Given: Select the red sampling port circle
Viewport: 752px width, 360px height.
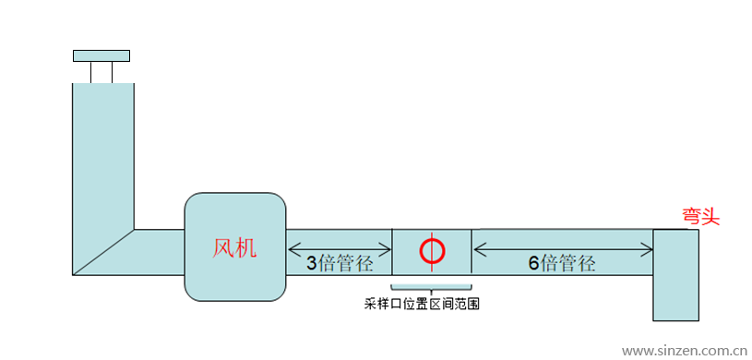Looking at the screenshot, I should pyautogui.click(x=432, y=249).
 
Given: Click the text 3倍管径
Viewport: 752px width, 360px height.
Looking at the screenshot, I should pyautogui.click(x=340, y=263).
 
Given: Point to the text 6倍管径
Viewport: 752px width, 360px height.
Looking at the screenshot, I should pyautogui.click(x=562, y=263).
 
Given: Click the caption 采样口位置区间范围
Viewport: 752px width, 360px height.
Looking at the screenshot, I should pyautogui.click(x=423, y=303).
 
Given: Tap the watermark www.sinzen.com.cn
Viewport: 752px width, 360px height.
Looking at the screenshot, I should pyautogui.click(x=684, y=351).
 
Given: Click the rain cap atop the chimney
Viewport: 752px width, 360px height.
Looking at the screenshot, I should pyautogui.click(x=101, y=55).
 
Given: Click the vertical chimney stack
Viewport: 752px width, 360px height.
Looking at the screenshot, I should pyautogui.click(x=103, y=157).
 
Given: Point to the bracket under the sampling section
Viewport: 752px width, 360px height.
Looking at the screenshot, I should pyautogui.click(x=432, y=289).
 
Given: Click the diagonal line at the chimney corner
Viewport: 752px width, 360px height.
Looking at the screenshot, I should pyautogui.click(x=103, y=252).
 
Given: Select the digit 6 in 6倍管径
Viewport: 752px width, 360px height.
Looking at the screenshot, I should pyautogui.click(x=534, y=263).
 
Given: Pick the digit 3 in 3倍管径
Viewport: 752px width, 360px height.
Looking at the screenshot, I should pyautogui.click(x=312, y=263).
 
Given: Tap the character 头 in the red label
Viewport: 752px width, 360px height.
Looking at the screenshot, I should pyautogui.click(x=710, y=216).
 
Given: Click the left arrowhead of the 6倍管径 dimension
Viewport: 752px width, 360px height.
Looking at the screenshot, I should pyautogui.click(x=478, y=248).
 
